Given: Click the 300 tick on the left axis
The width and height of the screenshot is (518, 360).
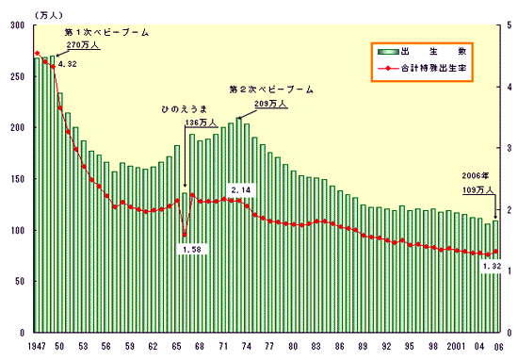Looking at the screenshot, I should tap(15, 25).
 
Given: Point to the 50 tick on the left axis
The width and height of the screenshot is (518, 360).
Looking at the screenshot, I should tap(18, 282).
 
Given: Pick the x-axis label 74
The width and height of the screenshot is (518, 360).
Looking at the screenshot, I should tap(247, 347).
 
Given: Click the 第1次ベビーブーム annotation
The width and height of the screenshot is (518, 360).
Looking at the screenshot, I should tap(105, 32).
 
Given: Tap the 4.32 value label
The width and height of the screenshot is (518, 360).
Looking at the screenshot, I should tap(67, 64).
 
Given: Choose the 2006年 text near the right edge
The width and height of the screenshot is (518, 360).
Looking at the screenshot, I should tap(475, 176).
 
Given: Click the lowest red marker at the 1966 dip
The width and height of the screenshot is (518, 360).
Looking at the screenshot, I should tap(185, 235).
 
